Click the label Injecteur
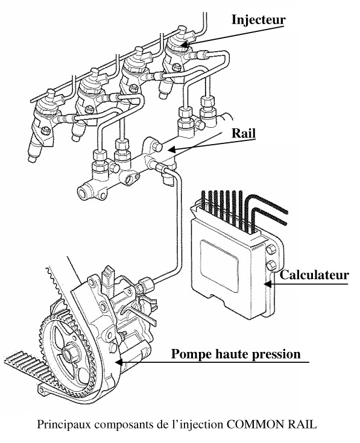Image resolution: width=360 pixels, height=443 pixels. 258,19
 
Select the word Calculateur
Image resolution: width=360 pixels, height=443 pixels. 314,275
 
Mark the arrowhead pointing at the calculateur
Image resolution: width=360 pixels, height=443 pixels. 268,283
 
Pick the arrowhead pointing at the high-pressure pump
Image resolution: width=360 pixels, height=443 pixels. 119,362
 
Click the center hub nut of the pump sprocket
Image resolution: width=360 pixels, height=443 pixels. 68,353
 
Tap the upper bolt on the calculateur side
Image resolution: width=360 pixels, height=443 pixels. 271,250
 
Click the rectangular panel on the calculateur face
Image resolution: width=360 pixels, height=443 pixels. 219,265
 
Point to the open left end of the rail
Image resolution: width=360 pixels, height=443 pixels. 82,194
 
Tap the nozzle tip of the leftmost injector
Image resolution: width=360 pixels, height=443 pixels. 31,159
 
